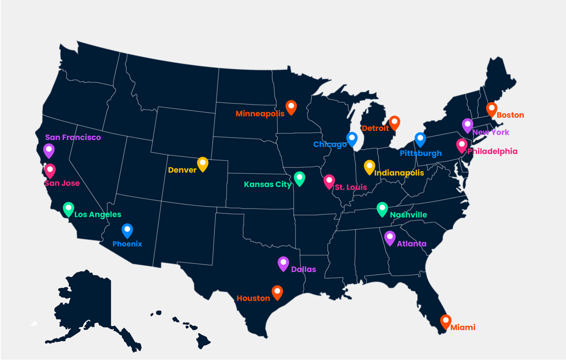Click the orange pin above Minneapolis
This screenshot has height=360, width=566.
tap(291, 107)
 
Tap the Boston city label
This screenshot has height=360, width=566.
tap(510, 115)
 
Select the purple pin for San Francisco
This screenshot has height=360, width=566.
tap(49, 150)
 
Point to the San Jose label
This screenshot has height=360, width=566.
tap(62, 183)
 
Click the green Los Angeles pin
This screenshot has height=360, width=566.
tap(69, 209)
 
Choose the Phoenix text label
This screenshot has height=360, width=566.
tap(127, 244)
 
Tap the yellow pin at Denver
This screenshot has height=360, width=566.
tap(203, 163)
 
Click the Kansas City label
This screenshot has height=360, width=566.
tap(268, 185)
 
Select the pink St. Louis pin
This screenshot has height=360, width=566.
tap(329, 181)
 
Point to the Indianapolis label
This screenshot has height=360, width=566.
tap(399, 173)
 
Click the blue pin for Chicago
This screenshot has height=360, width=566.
tap(352, 139)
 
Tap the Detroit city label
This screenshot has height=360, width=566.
tap(375, 128)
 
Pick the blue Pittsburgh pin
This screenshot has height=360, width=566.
tap(421, 140)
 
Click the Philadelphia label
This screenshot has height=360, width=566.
tap(492, 151)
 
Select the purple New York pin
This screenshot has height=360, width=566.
tap(467, 125)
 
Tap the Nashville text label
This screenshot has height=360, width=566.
tap(408, 215)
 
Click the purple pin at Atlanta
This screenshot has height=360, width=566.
tap(390, 238)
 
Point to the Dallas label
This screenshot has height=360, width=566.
tap(303, 270)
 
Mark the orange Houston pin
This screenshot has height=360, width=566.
tap(277, 292)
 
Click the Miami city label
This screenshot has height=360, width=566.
tap(463, 327)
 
